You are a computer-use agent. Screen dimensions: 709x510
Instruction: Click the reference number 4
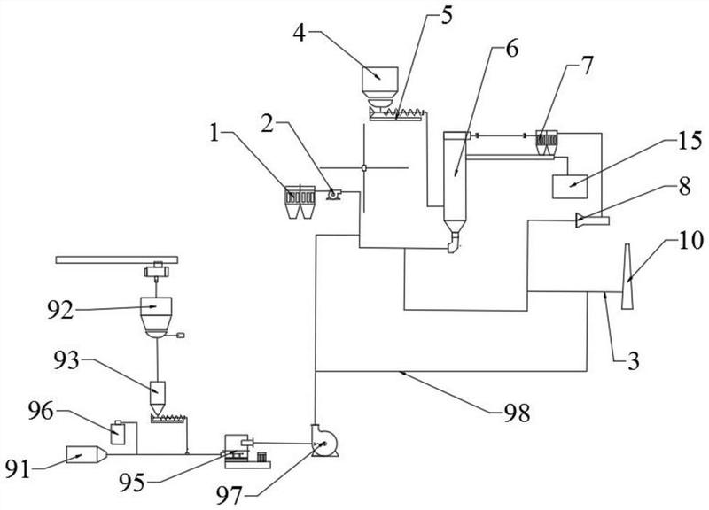pos(300,33)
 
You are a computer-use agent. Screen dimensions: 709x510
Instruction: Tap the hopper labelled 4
pos(380,87)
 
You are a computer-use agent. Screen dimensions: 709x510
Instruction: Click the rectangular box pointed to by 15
pos(570,186)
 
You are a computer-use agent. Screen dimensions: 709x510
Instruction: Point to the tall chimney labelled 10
pos(627,276)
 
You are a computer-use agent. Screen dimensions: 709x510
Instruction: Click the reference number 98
pos(517,413)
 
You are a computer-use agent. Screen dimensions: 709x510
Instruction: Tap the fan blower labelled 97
pos(324,440)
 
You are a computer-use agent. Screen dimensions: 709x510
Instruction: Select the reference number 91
pos(19,470)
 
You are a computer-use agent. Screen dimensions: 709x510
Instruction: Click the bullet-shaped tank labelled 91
pos(86,454)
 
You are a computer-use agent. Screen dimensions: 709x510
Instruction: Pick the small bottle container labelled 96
pos(118,432)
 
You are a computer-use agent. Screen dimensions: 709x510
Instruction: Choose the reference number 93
pos(66,361)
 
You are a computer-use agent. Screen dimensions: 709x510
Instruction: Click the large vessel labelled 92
pos(156,317)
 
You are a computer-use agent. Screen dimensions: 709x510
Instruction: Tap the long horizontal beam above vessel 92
pos(117,259)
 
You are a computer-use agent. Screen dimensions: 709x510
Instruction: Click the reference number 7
pos(586,66)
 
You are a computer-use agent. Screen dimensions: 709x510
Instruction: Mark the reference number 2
pos(268,124)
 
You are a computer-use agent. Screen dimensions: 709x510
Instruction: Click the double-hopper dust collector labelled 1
pos(300,202)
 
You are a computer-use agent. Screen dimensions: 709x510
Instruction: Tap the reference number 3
pos(634,361)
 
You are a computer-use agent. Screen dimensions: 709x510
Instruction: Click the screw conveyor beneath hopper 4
pos(397,114)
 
